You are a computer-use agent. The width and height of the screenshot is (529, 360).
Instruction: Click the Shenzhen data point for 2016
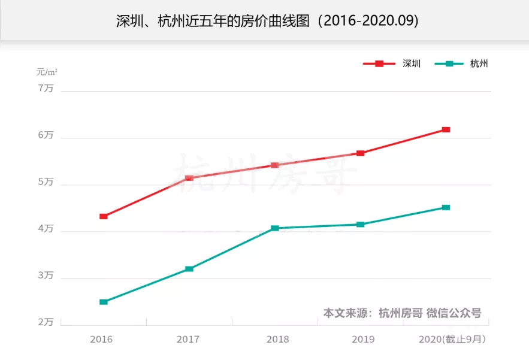104,216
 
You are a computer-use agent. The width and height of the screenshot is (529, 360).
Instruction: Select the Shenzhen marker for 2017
189,178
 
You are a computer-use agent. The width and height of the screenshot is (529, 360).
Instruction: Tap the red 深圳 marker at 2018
274,165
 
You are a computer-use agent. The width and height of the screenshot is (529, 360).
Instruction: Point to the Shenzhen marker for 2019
360,153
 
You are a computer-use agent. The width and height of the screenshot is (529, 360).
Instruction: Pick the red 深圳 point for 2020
446,129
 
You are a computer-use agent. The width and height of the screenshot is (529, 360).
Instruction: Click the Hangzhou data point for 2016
104,302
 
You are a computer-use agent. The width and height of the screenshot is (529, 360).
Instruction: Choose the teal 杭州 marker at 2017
189,269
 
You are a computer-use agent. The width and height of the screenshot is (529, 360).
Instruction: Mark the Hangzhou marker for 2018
274,228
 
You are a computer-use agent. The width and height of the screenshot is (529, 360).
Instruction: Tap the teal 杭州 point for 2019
360,225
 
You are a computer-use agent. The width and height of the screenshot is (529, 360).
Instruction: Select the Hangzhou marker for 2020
446,207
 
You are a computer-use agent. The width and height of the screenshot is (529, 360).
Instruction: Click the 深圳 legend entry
392,63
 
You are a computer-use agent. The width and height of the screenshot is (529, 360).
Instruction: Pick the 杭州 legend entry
461,63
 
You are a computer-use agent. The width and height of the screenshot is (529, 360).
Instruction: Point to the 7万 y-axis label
46,88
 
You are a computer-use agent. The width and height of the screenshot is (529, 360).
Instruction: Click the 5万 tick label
46,182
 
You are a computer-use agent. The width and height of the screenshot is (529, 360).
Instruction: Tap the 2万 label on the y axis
46,322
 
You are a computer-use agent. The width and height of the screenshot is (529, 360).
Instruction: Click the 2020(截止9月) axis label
452,340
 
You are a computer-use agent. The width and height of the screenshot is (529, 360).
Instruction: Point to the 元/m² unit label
47,72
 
